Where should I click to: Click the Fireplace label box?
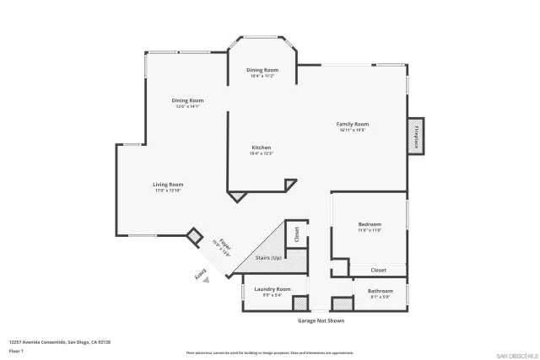[416, 137]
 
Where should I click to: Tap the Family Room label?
[354, 124]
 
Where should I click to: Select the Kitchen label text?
[260, 148]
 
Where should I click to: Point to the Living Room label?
[168, 185]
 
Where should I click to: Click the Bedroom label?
[370, 224]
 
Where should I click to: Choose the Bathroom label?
[380, 291]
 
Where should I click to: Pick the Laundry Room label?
[272, 288]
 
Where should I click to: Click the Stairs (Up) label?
[268, 257]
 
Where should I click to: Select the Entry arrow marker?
[202, 276]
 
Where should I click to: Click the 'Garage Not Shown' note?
[321, 320]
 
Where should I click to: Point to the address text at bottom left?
[60, 341]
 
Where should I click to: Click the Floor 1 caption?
[16, 350]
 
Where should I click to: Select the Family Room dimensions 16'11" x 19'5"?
[354, 130]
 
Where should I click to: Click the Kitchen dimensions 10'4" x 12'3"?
[260, 153]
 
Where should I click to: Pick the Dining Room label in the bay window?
[262, 70]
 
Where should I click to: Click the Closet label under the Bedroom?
[379, 270]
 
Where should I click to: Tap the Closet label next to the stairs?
[296, 234]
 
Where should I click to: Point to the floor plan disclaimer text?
[270, 352]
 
